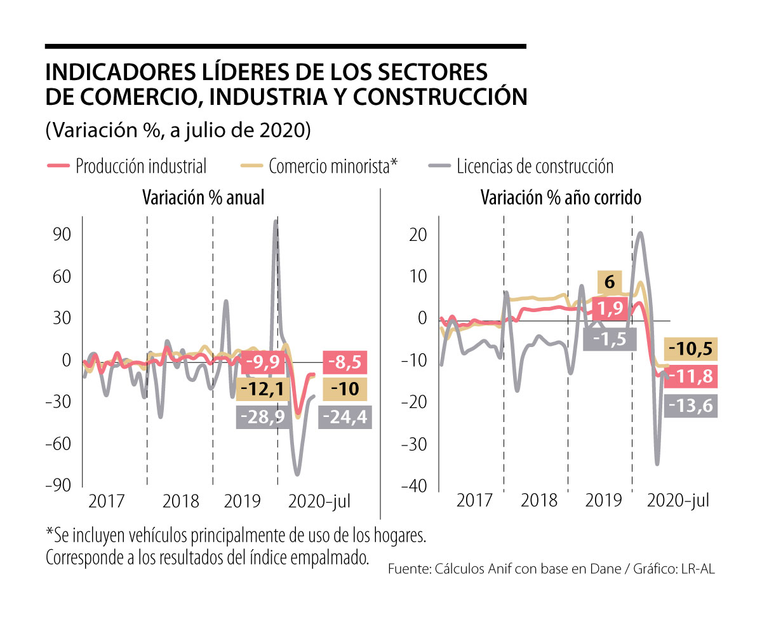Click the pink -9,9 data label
263,362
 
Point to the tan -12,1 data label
260,388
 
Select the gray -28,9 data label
261,418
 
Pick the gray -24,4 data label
345,418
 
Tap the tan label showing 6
610,281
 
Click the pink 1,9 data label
610,309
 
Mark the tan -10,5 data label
692,349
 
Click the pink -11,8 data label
692,376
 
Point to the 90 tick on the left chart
62,235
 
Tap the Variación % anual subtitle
203,198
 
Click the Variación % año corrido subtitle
561,198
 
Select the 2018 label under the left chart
182,501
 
